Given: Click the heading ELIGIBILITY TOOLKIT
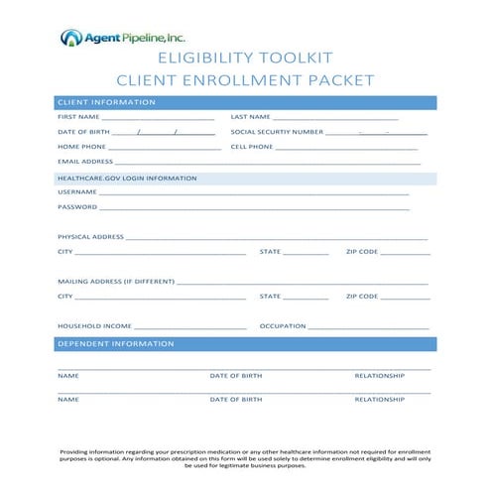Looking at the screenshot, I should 245,59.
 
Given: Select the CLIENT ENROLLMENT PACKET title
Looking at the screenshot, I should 245,79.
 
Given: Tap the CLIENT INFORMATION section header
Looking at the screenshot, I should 106,102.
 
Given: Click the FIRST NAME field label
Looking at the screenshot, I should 78,117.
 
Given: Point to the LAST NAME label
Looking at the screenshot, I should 250,117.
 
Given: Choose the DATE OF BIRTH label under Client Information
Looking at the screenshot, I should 83,132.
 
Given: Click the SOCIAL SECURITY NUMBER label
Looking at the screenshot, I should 277,132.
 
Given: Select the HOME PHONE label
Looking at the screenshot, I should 81,147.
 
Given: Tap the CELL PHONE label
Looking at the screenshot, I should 252,147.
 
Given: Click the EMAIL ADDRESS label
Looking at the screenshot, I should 85,161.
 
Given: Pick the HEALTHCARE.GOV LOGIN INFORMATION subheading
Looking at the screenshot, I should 127,178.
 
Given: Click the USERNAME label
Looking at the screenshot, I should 77,191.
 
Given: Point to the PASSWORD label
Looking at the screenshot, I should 77,207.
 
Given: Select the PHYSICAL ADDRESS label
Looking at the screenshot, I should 90,237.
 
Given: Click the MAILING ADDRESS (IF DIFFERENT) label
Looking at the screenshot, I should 115,282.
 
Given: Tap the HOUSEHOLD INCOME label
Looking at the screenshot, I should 94,325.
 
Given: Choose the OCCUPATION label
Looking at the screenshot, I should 282,325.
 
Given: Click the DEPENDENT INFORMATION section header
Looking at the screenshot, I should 116,343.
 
